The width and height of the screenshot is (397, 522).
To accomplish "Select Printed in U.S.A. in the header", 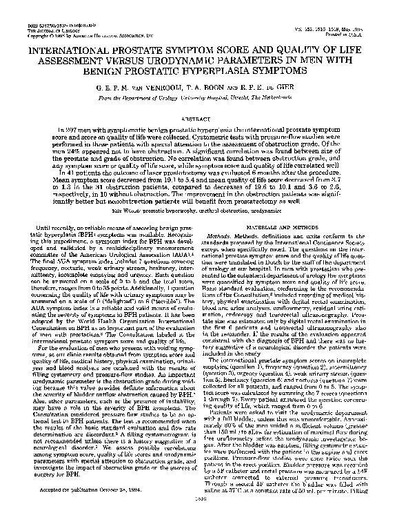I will [x=361, y=34].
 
